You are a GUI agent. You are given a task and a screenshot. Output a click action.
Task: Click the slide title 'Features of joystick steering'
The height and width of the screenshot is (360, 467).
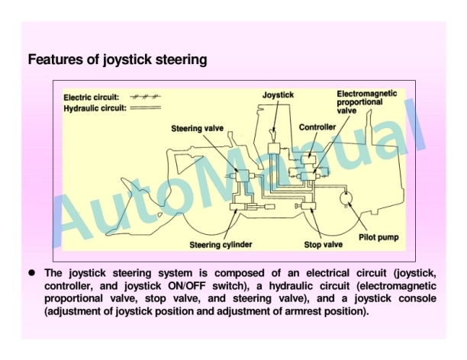pos(118,59)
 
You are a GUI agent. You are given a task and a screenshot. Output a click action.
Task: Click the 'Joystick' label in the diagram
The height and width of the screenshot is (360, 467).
pos(278,95)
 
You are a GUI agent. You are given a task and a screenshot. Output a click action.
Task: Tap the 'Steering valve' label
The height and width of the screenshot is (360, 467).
pos(197,128)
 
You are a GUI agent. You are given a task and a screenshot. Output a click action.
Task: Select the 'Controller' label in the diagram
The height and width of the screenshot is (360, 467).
pos(317,126)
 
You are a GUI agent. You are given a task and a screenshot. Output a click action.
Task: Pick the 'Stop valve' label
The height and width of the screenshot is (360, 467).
pos(312,245)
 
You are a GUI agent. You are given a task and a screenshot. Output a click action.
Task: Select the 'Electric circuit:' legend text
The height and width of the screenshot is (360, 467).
pos(91,98)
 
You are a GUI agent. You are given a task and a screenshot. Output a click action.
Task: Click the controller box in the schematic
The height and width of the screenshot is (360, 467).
pos(311,159)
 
